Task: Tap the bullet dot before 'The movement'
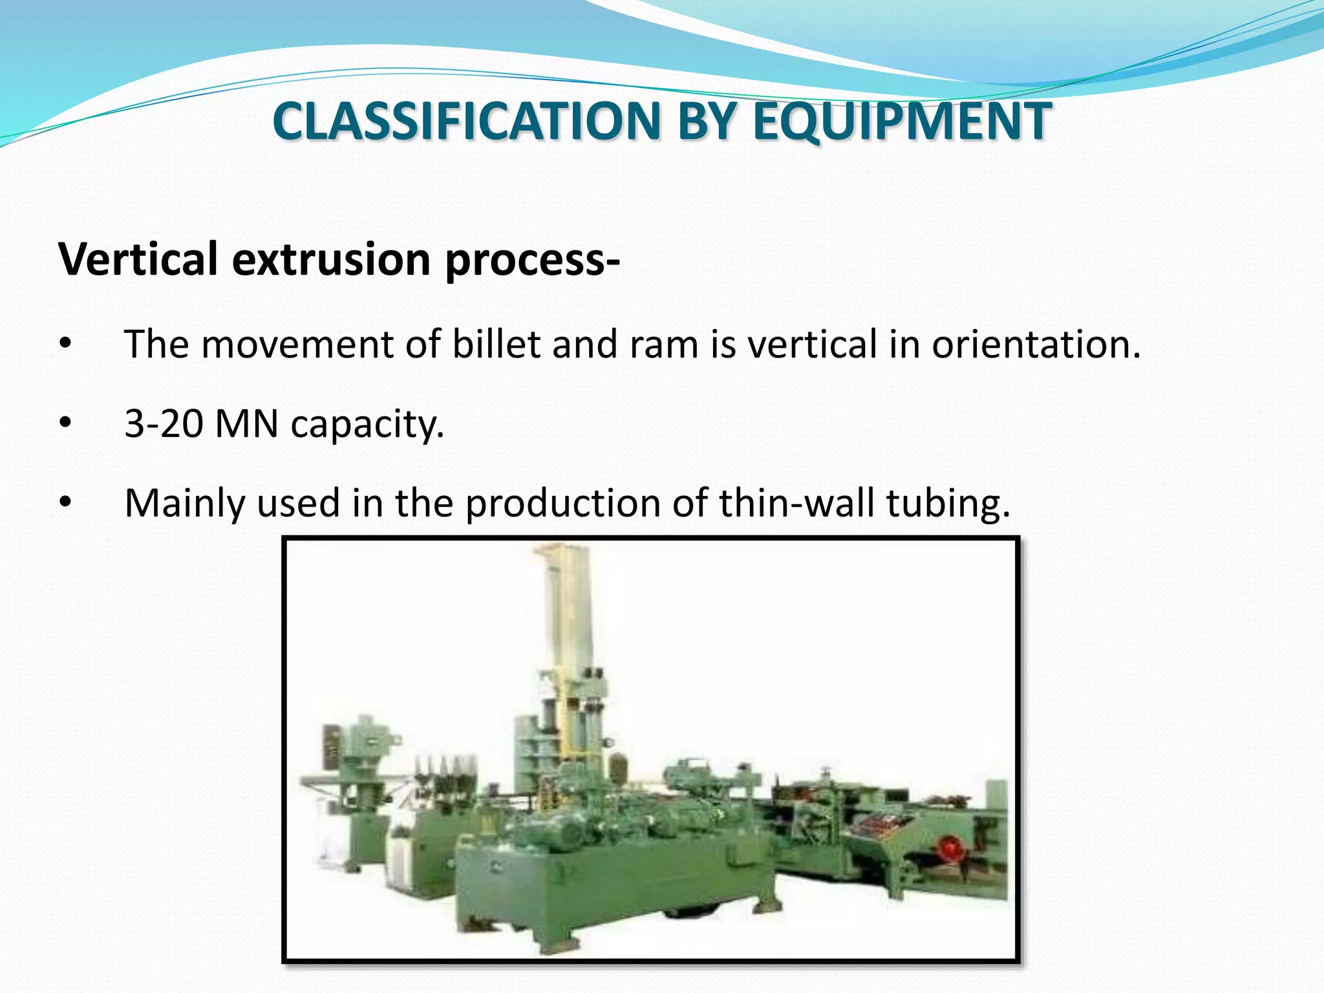(64, 343)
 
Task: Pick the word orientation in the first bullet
(1034, 344)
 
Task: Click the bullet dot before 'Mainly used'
(64, 502)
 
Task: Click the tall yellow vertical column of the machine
(571, 614)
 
